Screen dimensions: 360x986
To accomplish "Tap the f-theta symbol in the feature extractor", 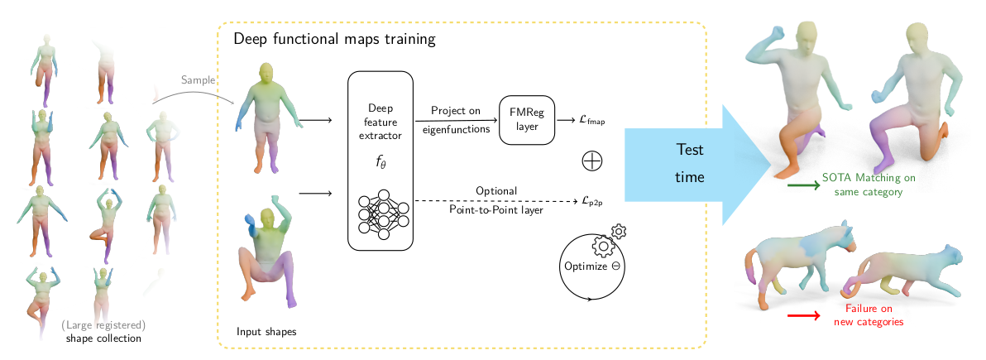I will (x=381, y=162).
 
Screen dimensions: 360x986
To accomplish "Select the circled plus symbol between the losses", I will (x=592, y=161).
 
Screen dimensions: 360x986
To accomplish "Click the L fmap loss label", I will (x=591, y=121).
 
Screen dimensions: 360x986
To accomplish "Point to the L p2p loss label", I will (x=591, y=200).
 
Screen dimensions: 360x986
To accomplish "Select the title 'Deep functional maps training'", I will (x=334, y=39).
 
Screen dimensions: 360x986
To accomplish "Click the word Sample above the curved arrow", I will (x=199, y=79).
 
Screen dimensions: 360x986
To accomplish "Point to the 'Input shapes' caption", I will (x=266, y=332).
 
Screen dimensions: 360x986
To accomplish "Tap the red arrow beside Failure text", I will (x=803, y=314).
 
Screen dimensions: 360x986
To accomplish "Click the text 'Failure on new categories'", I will (x=874, y=314).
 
